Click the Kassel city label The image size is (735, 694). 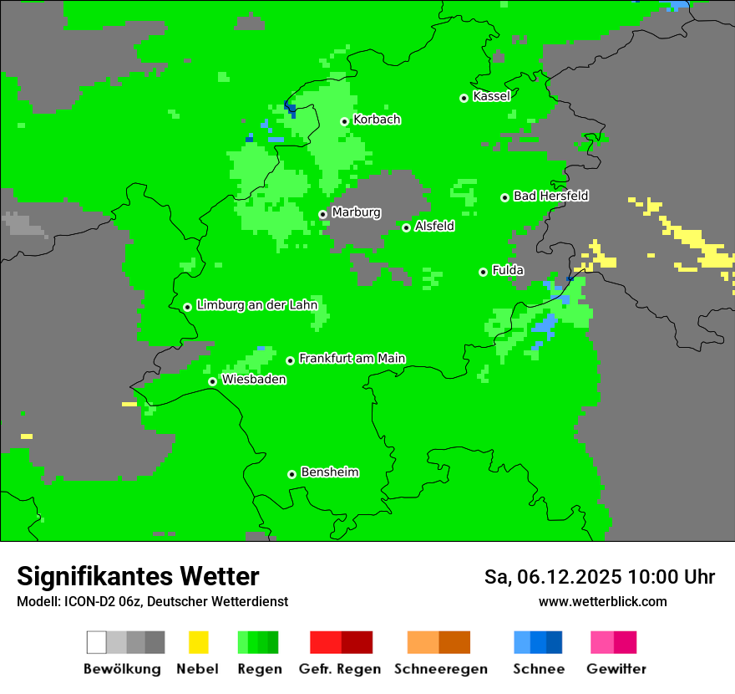pos(491,96)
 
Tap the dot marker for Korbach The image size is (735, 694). pos(344,121)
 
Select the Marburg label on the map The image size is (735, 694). pos(356,212)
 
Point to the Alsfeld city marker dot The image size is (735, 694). pos(406,227)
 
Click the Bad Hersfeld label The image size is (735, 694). pos(550,196)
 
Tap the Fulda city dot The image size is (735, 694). pos(483,272)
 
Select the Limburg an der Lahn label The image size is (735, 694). pos(256,305)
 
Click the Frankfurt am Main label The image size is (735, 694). pos(352,358)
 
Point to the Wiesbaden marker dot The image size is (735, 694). pos(212,381)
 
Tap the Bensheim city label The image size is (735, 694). pos(329,472)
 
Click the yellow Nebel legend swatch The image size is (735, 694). pos(199,642)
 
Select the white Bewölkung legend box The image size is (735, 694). pos(97,642)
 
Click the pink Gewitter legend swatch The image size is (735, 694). pos(602,642)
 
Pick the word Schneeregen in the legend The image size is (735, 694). pos(440,669)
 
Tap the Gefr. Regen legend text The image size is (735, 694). pos(340,669)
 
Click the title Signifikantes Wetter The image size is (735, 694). pos(138,576)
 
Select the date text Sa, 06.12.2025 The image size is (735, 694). pos(551,577)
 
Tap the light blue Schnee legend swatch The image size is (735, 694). pos(522,642)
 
